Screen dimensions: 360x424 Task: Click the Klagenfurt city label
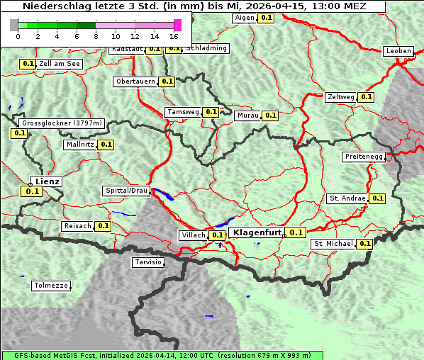258,232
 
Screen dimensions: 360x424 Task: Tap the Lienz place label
48,181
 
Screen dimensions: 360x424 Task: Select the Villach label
193,235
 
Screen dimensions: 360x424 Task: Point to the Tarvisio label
148,262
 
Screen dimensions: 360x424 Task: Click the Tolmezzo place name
51,286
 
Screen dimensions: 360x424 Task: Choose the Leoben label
398,51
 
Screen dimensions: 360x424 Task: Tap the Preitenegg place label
364,157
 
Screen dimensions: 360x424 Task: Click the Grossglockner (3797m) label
62,123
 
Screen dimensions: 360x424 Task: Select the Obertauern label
135,81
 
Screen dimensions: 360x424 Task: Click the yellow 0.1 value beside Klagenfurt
296,232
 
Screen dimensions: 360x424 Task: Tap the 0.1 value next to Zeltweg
366,97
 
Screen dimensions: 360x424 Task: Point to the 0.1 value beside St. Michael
364,244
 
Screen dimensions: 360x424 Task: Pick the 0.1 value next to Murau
270,115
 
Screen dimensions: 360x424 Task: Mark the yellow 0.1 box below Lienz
32,191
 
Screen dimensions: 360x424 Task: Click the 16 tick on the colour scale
174,36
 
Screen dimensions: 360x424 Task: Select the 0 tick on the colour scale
18,36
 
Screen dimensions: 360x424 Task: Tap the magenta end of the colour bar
177,25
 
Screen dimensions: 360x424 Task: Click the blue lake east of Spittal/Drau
164,193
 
